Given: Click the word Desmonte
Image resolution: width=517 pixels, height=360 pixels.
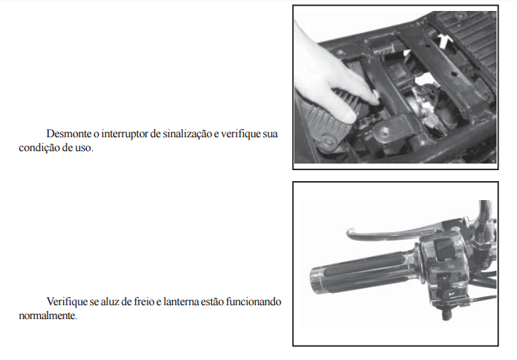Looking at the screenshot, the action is click(69, 134).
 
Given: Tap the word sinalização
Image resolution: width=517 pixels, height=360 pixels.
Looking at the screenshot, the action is click(187, 134).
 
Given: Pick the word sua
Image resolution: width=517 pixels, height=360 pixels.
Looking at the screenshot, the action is click(270, 134).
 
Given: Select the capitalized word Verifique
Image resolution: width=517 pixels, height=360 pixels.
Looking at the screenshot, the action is click(67, 302).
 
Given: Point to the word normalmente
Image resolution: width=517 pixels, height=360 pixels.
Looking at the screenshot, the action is click(47, 316).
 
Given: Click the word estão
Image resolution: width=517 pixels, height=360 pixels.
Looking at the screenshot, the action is click(212, 302).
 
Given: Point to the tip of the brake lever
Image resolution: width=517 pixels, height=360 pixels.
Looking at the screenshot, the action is click(349, 233).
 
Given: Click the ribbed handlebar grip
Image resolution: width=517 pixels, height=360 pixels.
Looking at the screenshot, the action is click(361, 272).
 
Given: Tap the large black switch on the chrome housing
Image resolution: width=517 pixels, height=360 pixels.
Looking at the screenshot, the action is click(445, 248).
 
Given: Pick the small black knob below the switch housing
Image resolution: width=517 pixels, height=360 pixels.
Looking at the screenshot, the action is click(445, 314).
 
